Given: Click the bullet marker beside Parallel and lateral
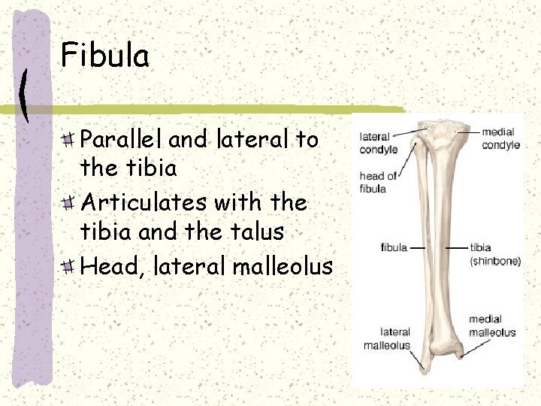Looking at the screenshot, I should pyautogui.click(x=68, y=139).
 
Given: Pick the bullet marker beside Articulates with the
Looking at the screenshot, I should pyautogui.click(x=68, y=203).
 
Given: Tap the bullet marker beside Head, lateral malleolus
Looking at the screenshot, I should pyautogui.click(x=68, y=266).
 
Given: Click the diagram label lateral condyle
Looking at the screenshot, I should pyautogui.click(x=378, y=143).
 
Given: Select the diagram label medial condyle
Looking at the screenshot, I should pyautogui.click(x=500, y=138).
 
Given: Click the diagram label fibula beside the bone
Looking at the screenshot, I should pyautogui.click(x=394, y=247).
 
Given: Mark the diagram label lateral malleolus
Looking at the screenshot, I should pyautogui.click(x=387, y=338).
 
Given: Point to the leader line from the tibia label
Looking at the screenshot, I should pyautogui.click(x=456, y=247).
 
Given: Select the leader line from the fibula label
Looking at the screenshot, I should pyautogui.click(x=418, y=247).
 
